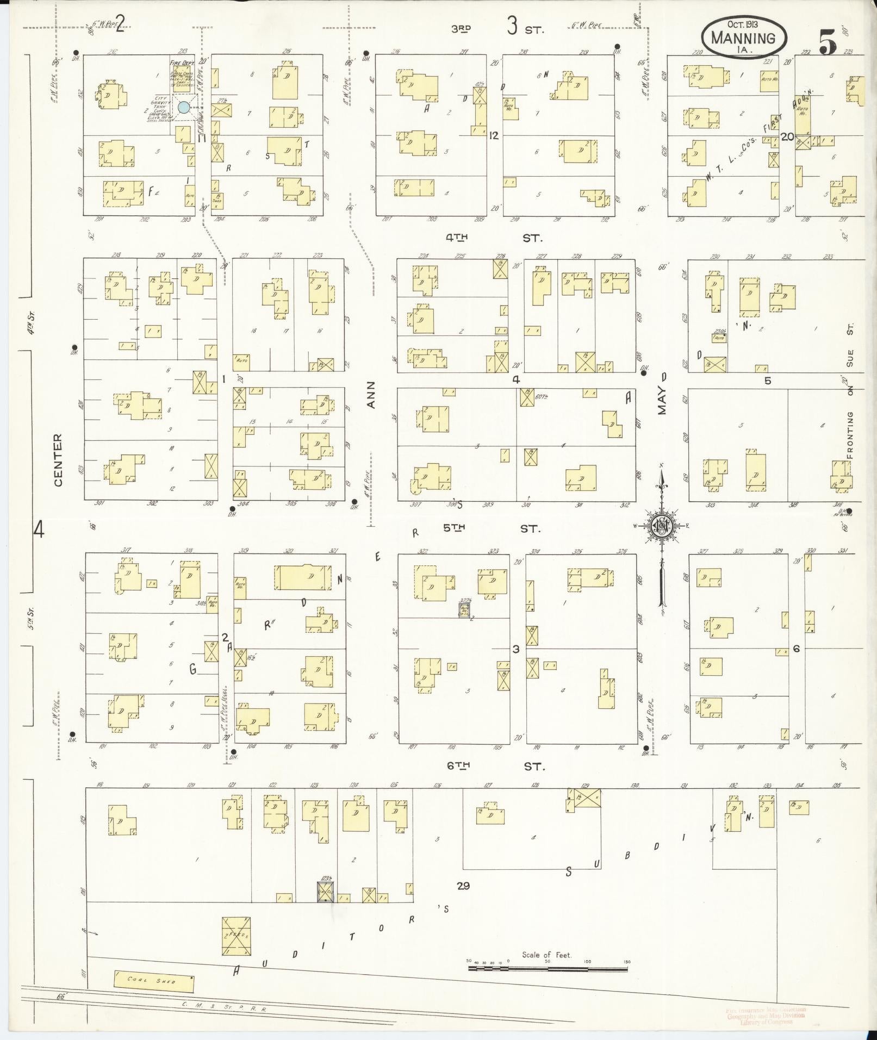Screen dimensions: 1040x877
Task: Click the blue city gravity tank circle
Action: [x=184, y=107]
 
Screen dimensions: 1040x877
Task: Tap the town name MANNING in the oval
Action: [x=743, y=38]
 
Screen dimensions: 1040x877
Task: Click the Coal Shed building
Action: [x=154, y=980]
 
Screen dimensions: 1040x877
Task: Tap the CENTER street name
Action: [x=58, y=459]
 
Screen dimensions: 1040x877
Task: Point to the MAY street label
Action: [x=662, y=401]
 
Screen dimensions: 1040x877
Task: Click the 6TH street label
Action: [x=458, y=766]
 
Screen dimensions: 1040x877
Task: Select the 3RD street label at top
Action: [x=461, y=29]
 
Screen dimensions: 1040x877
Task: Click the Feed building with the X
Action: [x=237, y=936]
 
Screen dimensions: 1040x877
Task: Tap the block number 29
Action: [x=463, y=886]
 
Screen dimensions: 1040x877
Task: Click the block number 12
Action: [x=493, y=135]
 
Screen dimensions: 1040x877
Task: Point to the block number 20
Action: [x=786, y=136]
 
